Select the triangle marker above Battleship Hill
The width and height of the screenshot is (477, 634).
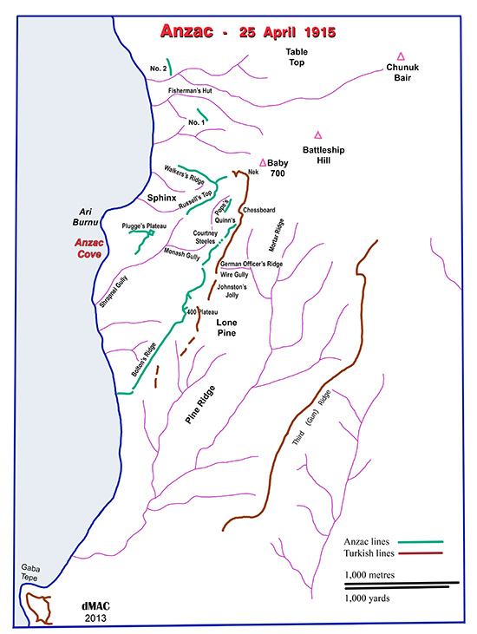click(x=318, y=134)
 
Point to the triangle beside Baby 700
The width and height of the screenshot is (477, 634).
click(x=263, y=161)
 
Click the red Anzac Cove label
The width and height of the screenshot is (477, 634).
click(x=90, y=250)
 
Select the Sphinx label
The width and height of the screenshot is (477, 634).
click(x=161, y=199)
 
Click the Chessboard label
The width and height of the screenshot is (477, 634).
click(x=259, y=211)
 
